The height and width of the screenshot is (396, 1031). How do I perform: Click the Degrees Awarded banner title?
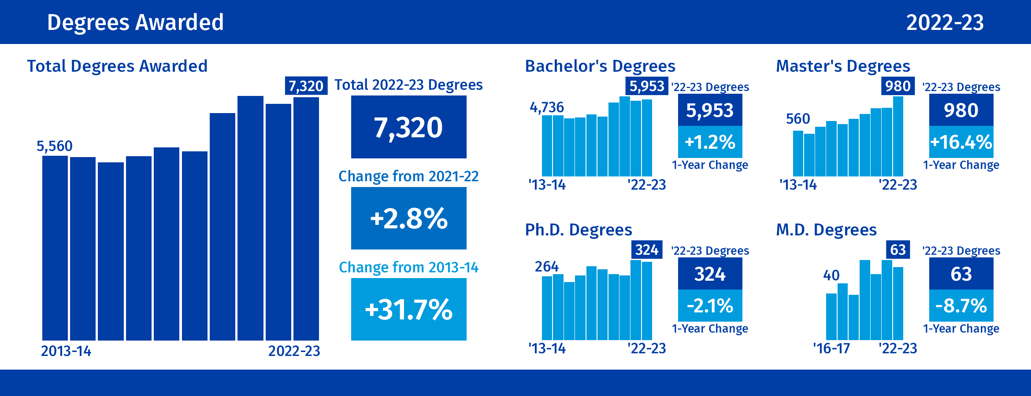tap(135, 22)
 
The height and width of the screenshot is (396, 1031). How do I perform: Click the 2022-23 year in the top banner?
tap(945, 22)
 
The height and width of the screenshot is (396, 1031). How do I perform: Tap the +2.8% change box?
tap(408, 218)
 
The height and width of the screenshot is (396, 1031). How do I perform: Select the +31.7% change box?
tap(408, 309)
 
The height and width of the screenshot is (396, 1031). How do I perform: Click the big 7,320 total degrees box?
tap(408, 127)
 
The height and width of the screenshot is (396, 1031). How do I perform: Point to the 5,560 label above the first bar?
tap(55, 146)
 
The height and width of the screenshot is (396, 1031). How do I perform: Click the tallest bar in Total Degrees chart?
tap(250, 218)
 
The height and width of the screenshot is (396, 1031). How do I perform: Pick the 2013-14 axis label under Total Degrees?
tap(66, 351)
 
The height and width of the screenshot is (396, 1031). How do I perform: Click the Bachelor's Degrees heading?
tap(600, 66)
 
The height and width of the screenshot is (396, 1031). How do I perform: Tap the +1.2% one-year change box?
tap(710, 142)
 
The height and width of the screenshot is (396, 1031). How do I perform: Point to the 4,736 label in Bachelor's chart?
tap(547, 107)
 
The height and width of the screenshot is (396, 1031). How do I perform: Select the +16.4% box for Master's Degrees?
tap(961, 142)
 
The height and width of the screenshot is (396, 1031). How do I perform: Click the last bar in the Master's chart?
tap(898, 136)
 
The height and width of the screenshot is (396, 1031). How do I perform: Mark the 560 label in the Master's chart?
tap(798, 119)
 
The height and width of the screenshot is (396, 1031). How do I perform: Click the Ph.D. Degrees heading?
tap(579, 230)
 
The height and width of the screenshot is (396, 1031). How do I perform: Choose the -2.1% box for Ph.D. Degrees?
tap(710, 306)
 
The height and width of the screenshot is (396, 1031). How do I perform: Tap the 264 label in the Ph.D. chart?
tap(547, 267)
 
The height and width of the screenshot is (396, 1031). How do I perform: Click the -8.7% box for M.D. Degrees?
tap(961, 306)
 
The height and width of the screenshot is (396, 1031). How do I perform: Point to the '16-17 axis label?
tap(831, 348)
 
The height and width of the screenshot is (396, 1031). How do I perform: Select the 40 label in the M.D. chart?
tap(831, 275)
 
